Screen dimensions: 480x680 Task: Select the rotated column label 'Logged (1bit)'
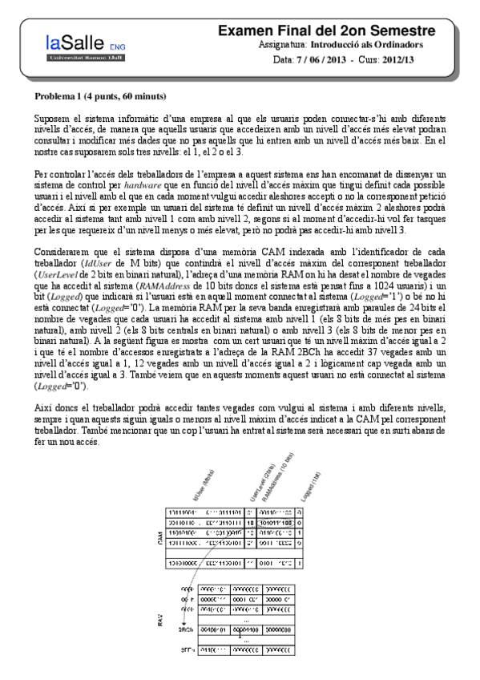(311, 488)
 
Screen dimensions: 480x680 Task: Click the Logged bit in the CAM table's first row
(299, 511)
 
